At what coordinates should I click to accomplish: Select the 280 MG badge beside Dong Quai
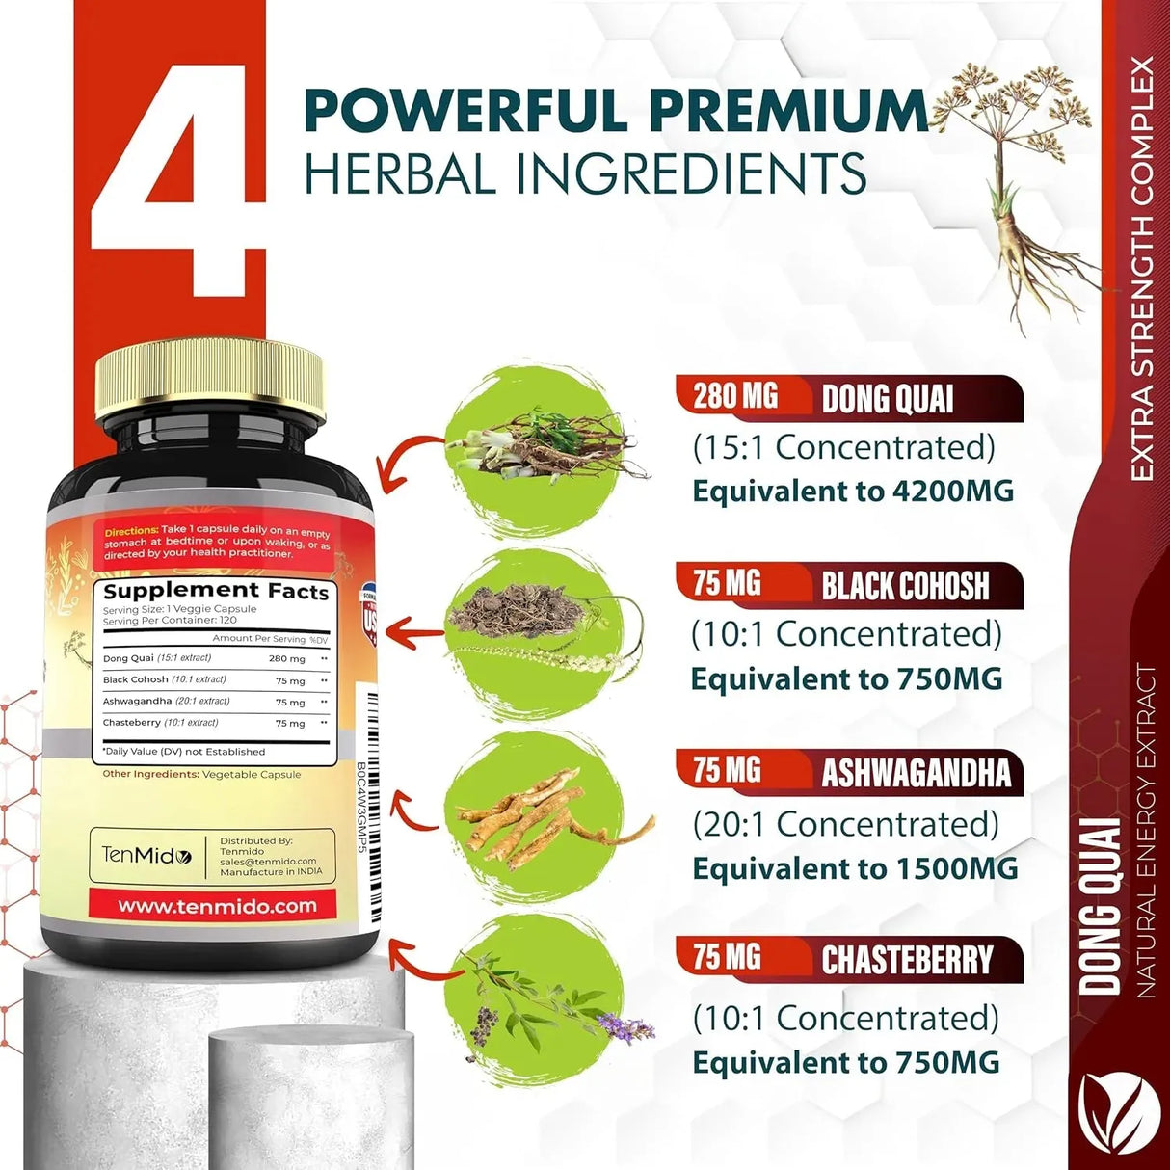click(735, 395)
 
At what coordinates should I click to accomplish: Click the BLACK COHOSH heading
click(905, 586)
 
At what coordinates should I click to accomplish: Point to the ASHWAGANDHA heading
click(916, 773)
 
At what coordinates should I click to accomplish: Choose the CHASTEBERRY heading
click(907, 960)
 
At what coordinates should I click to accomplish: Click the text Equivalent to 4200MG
click(853, 491)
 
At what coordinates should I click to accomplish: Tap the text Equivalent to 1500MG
click(855, 868)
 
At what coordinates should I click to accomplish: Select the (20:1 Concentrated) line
click(846, 824)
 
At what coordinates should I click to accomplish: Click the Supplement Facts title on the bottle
click(216, 591)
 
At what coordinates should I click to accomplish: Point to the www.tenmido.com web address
click(217, 906)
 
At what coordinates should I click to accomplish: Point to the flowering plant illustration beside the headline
click(1022, 183)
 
